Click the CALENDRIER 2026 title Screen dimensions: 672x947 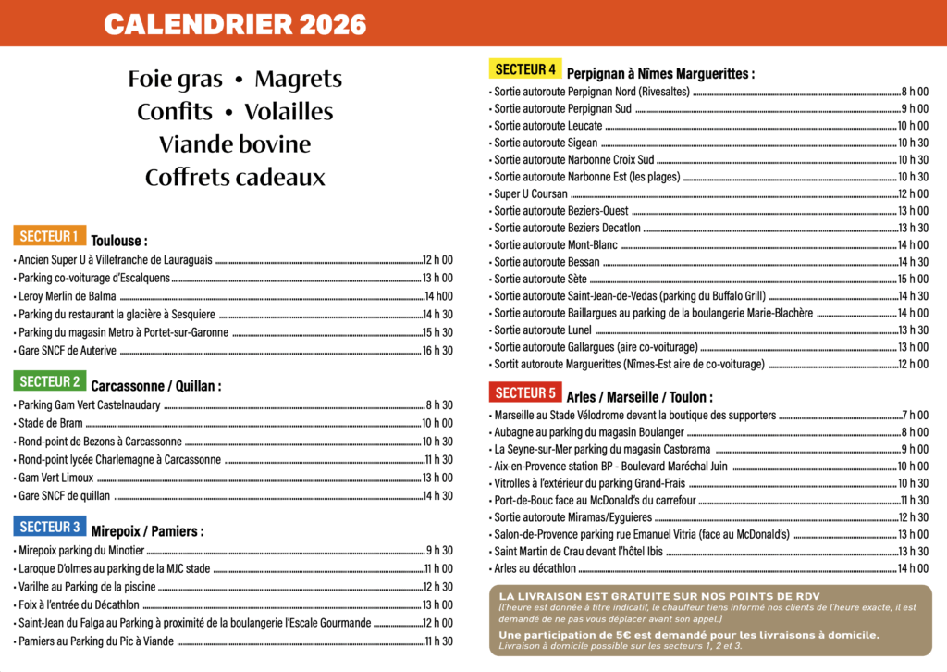235,24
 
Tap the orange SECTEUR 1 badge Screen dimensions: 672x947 49,236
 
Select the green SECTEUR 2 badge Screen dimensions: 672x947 49,381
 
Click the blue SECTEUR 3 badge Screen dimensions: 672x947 49,527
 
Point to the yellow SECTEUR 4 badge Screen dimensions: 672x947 524,68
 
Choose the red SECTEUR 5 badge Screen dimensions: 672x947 524,392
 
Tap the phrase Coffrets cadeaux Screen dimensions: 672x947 235,178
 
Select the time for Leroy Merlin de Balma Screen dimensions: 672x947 438,297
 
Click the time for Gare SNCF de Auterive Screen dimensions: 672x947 437,351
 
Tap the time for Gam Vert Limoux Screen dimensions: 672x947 437,478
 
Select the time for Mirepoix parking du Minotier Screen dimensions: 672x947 439,551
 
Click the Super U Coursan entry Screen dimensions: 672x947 531,194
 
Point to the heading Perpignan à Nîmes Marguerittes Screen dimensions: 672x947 660,73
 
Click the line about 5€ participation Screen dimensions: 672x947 689,635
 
